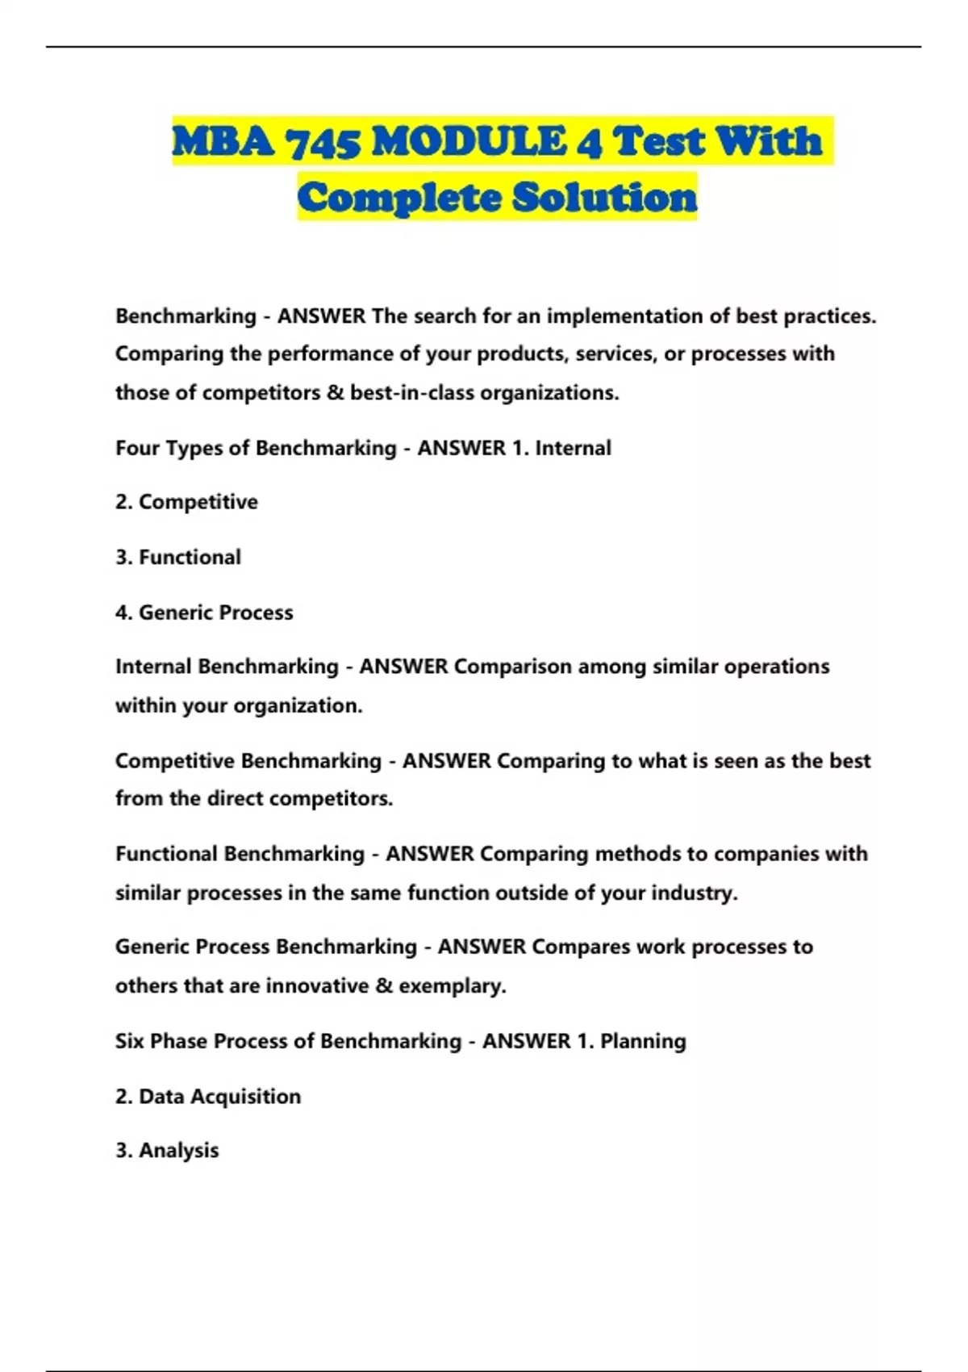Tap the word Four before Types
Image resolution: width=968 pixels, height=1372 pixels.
click(x=137, y=448)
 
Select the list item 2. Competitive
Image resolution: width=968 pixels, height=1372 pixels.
click(x=186, y=502)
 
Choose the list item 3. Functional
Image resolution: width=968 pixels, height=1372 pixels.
click(x=178, y=557)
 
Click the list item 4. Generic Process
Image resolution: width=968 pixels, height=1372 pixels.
click(x=204, y=612)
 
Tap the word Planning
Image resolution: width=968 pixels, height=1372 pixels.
click(x=643, y=1041)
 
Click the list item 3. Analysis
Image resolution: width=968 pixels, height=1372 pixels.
click(x=167, y=1150)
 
